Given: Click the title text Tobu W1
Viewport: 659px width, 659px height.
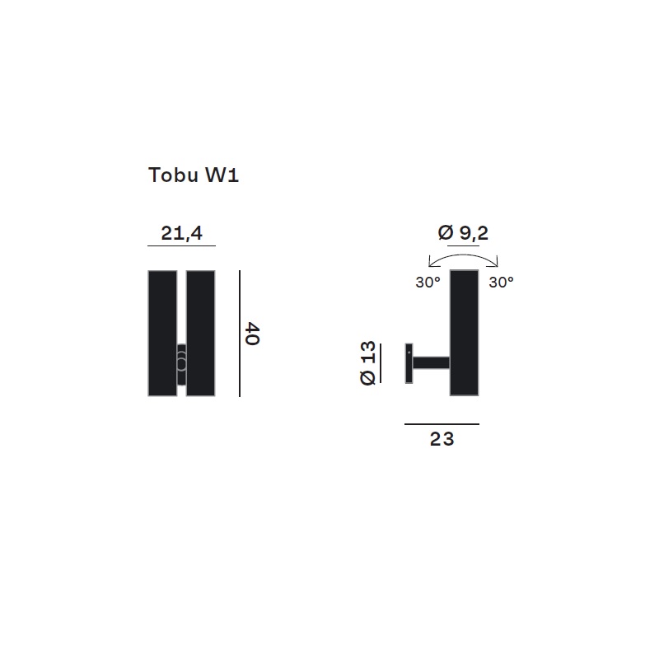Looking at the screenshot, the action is coord(194,175).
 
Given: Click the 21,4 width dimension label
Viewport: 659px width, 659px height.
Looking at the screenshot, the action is coord(181,233).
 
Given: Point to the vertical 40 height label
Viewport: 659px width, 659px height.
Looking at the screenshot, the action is coord(252,334).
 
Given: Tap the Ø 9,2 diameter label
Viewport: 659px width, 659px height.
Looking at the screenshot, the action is coord(463,232).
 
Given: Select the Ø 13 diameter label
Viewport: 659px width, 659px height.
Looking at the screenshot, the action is coord(367,363).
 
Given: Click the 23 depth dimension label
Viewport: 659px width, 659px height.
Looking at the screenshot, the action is coord(442,439).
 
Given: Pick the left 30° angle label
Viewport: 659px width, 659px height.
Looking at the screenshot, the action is coord(428,282).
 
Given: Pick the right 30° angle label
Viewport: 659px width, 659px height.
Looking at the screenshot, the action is coord(502,282).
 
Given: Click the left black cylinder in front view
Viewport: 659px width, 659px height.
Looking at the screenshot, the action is coord(162,334).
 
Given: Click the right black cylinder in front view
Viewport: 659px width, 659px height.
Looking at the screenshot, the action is coord(200,334).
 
